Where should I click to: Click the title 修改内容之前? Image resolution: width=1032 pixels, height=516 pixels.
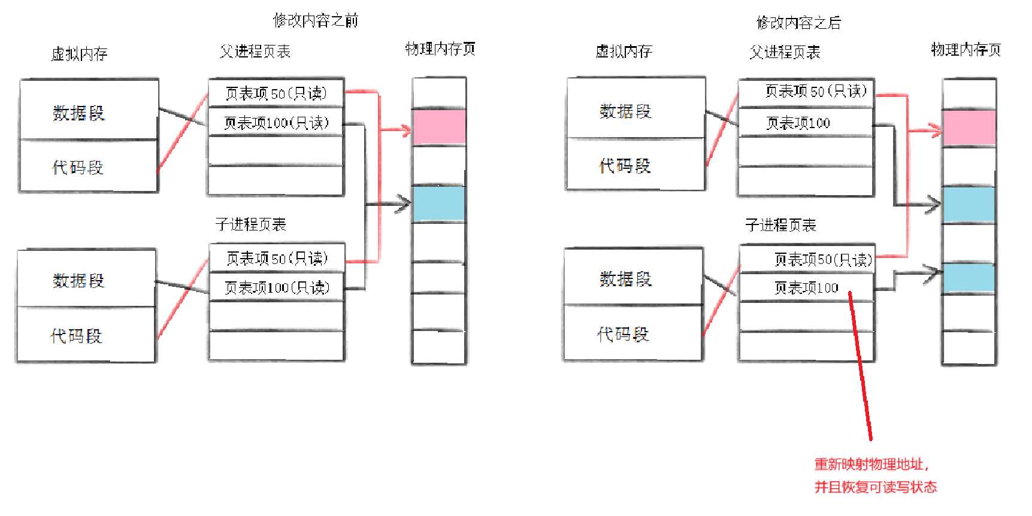coord(316,21)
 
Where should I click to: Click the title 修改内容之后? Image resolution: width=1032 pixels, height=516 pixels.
coord(798,23)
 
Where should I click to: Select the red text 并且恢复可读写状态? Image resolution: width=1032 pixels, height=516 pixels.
coord(875,487)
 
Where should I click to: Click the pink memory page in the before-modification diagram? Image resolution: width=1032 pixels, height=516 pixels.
coord(439,127)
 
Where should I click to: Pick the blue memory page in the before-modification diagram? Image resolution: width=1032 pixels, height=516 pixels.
coord(439,204)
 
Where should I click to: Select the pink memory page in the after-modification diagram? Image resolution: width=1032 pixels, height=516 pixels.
coord(969,128)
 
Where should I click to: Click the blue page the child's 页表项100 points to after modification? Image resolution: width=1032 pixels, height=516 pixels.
coord(969,278)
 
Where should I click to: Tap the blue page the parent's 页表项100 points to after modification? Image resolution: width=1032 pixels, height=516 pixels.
coord(969,205)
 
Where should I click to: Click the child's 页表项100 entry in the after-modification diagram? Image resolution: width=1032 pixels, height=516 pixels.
coord(806,288)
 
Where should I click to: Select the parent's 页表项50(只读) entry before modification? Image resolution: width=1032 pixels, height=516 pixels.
coord(276,93)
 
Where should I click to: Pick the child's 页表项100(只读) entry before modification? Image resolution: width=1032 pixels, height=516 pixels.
coord(277,288)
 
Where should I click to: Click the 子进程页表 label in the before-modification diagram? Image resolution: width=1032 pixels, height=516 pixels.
coord(251,224)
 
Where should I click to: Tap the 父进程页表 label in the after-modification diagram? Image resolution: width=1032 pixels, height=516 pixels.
coord(785,53)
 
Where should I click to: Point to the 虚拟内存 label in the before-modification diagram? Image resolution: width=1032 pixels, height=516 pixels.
coord(79,54)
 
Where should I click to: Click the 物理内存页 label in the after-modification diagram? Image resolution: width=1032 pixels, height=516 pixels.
coord(966,50)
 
